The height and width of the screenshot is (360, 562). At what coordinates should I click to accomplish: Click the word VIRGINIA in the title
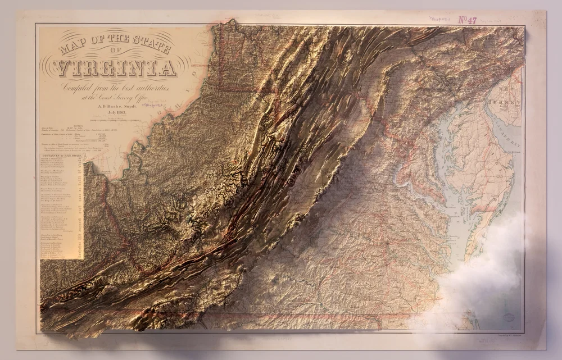click(x=116, y=68)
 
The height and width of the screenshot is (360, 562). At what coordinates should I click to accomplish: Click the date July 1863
click(x=112, y=113)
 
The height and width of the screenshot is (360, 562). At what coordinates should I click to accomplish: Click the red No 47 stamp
click(x=468, y=20)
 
